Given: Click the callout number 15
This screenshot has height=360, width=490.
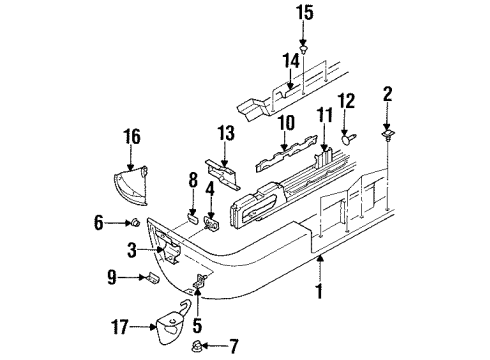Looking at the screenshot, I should (304, 13).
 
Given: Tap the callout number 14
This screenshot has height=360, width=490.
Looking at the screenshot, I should (291, 61).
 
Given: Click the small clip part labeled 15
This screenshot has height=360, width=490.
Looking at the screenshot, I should (305, 48).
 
